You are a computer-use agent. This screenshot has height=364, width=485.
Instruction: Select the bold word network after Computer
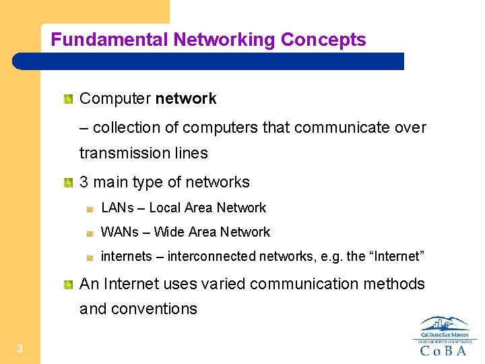pyautogui.click(x=185, y=99)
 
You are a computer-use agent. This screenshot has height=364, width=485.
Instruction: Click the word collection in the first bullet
pyautogui.click(x=127, y=127)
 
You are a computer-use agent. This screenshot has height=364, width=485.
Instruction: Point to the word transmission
pyautogui.click(x=123, y=153)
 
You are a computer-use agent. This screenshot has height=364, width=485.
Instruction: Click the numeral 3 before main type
pyautogui.click(x=84, y=182)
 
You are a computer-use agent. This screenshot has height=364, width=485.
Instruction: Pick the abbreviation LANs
pyautogui.click(x=117, y=208)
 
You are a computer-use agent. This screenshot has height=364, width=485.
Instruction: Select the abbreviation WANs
pyautogui.click(x=119, y=232)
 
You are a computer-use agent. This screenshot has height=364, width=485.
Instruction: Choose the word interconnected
pyautogui.click(x=209, y=256)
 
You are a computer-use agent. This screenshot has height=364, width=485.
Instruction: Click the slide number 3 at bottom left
pyautogui.click(x=20, y=348)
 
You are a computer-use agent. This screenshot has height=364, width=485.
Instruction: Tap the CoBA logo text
pyautogui.click(x=445, y=350)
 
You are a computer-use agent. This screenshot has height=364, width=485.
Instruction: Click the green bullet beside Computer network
pyautogui.click(x=68, y=100)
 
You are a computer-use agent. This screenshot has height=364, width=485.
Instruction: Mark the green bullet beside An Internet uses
pyautogui.click(x=68, y=284)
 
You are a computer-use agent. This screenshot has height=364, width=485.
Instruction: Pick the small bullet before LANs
pyautogui.click(x=89, y=209)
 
